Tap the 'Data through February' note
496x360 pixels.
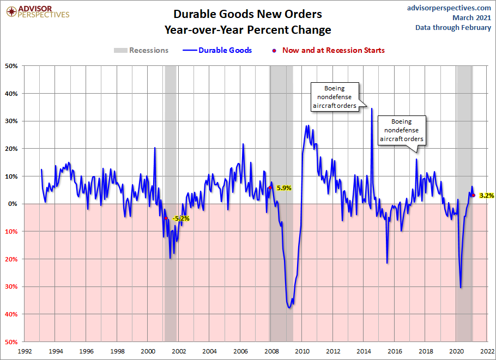[453, 28]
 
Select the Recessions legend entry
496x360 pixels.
[141, 51]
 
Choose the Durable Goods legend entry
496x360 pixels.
[217, 51]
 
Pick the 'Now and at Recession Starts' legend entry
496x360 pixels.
[329, 51]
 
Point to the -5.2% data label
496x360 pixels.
[180, 218]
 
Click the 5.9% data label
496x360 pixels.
[284, 188]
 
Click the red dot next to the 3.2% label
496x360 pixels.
[473, 195]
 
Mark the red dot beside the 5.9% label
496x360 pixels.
[270, 188]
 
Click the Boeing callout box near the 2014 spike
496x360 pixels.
[335, 97]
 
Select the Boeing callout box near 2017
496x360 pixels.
[402, 131]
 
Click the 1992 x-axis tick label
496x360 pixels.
[24, 351]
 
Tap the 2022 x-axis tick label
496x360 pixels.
[487, 351]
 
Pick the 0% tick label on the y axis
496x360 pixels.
[13, 204]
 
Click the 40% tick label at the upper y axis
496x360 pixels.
[11, 94]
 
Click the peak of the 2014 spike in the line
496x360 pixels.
[372, 108]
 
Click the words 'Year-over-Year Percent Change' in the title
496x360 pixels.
[248, 29]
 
